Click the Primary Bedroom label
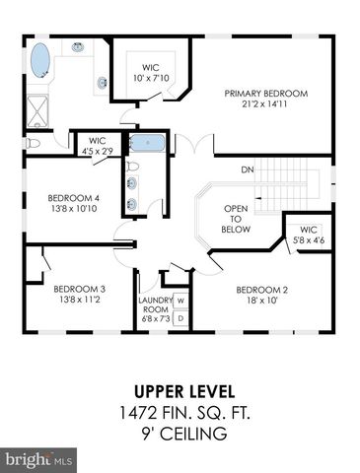pos(266,99)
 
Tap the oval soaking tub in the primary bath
pos(40,60)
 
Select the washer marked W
pos(180,301)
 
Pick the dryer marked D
pos(180,318)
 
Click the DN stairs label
pos(248,169)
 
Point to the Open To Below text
pos(236,219)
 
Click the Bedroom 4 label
pos(74,203)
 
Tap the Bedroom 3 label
pos(79,295)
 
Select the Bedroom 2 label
pos(261,295)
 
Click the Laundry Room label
pos(155,309)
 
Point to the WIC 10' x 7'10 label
pos(151,73)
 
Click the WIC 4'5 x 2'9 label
pos(98,146)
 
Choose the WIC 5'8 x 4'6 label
pos(309,235)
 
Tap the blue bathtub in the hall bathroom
pos(147,143)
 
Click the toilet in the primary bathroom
pos(33,143)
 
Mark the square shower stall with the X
pos(37,111)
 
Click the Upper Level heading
pos(184,392)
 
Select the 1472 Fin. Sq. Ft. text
pos(184,413)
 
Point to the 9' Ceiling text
pos(184,434)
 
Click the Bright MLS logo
pos(38,460)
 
